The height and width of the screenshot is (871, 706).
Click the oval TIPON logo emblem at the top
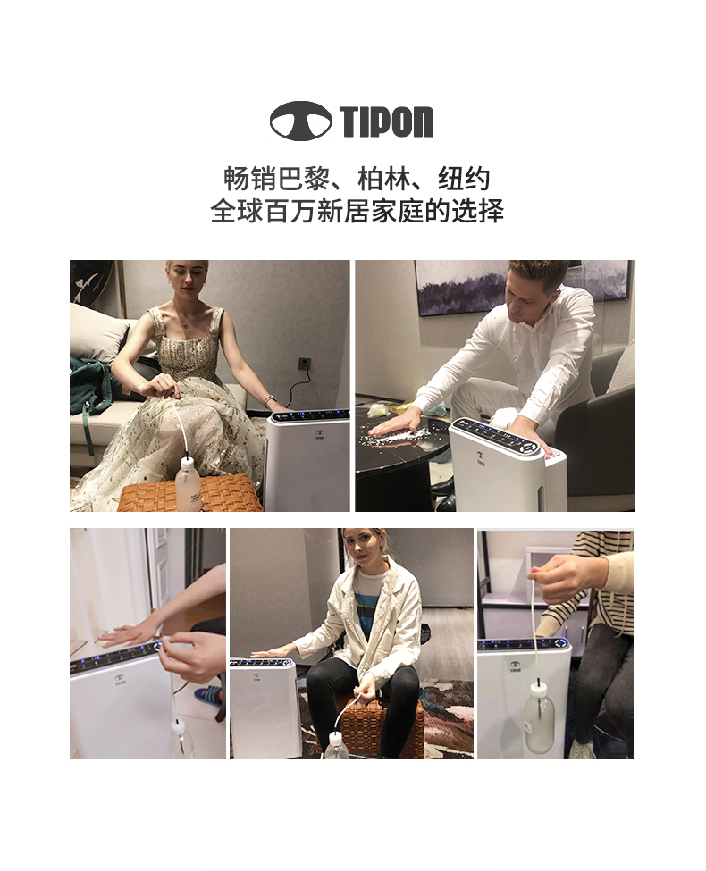click(x=300, y=121)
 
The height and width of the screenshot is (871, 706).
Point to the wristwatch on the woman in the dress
click(x=270, y=400)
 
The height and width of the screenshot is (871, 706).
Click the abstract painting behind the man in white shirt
click(x=523, y=287)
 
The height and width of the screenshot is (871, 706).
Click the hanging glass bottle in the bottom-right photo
click(x=539, y=719)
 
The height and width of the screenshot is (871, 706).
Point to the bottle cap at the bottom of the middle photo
click(x=335, y=737)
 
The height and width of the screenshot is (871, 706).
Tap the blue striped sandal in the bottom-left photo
click(x=208, y=694)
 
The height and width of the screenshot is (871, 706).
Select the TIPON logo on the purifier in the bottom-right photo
click(x=515, y=666)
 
